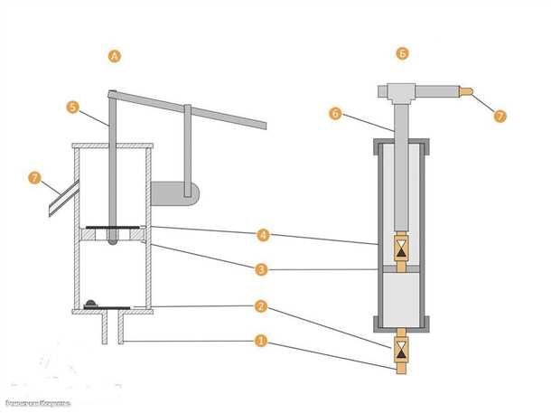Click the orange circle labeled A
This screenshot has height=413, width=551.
pyautogui.click(x=115, y=56)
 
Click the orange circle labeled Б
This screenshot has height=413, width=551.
pyautogui.click(x=403, y=54)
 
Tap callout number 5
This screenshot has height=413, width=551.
pyautogui.click(x=73, y=106)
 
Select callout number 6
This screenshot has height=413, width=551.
pyautogui.click(x=334, y=114)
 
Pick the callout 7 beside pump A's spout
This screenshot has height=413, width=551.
pyautogui.click(x=35, y=176)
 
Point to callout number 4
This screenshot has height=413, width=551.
pyautogui.click(x=261, y=236)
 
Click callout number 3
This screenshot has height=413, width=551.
pyautogui.click(x=261, y=269)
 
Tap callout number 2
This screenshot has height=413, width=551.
pyautogui.click(x=261, y=306)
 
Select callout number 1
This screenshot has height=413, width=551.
pyautogui.click(x=261, y=342)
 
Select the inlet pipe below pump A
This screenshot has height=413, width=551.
pyautogui.click(x=112, y=329)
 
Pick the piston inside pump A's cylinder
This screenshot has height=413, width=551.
pyautogui.click(x=112, y=233)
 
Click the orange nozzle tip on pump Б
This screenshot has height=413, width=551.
pyautogui.click(x=465, y=91)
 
